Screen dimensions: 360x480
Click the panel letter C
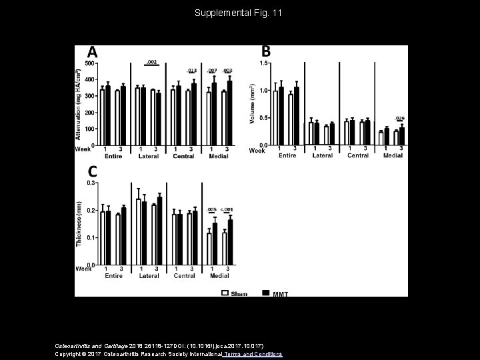tap(93, 171)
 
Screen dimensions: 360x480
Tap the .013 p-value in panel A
tap(191, 70)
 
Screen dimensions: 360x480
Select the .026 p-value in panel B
tap(399, 118)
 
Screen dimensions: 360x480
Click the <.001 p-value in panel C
tap(227, 210)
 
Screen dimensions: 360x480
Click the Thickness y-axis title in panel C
tap(79, 223)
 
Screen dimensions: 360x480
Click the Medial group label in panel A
tap(219, 156)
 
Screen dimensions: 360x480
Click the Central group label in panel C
tap(184, 276)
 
